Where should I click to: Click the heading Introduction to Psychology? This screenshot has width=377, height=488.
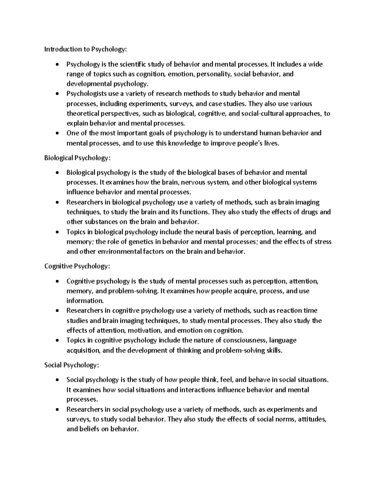86,49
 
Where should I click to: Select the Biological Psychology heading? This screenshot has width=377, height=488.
77,158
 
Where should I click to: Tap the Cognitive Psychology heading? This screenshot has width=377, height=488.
77,266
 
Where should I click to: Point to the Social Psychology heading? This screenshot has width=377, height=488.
72,365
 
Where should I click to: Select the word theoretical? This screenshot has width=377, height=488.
83,113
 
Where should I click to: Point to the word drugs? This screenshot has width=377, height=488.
309,212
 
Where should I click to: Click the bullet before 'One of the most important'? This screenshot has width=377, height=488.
56,134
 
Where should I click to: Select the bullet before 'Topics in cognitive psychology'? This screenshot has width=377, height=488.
56,341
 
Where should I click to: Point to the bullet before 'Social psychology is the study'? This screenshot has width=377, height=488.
56,380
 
